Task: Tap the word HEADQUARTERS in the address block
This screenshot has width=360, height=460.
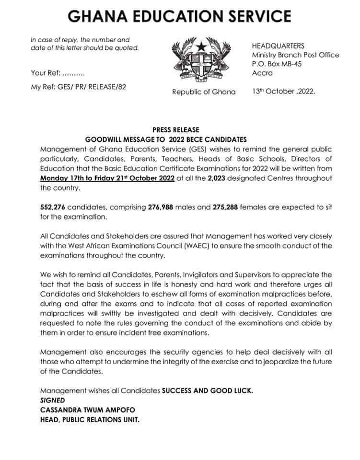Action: (x=278, y=46)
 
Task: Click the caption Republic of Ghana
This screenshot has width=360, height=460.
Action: (x=204, y=92)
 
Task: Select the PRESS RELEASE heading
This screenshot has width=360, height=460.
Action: (x=175, y=130)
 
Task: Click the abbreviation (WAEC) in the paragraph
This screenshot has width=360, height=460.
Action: (x=187, y=246)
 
